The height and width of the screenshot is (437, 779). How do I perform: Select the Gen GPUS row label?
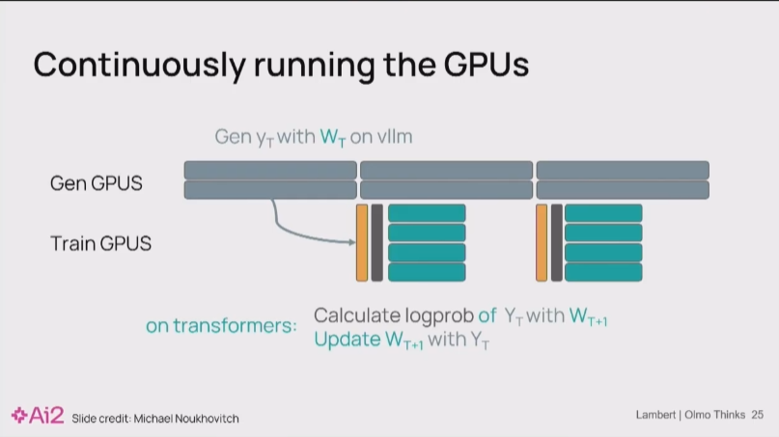pos(97,182)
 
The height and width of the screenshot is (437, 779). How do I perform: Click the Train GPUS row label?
pos(101,243)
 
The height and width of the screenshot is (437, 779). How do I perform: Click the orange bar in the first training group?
pos(362,242)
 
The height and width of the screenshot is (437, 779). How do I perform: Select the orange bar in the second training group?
pos(542,242)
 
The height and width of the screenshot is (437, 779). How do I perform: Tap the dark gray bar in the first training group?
pos(376,242)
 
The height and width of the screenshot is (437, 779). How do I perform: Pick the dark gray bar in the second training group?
pos(556,242)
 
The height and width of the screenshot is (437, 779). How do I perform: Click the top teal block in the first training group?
pos(427,213)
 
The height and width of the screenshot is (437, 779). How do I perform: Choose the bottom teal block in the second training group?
pos(603,272)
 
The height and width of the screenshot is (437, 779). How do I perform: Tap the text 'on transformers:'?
pos(221,326)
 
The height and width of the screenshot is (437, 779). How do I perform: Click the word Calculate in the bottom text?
pos(353,315)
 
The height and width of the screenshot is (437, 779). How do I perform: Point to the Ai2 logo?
pos(38,416)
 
